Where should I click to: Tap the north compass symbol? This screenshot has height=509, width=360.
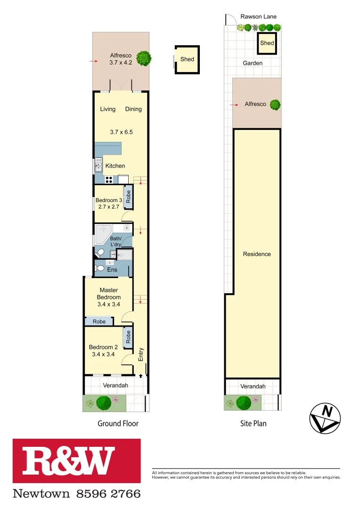(x=325, y=418)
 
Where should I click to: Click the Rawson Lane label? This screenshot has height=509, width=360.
(x=258, y=16)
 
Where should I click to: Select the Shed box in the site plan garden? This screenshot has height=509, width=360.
(x=267, y=43)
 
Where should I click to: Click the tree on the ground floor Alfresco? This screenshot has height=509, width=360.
(x=144, y=58)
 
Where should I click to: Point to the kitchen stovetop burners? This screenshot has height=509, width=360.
(x=109, y=179)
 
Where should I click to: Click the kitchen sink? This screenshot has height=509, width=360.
(x=99, y=165)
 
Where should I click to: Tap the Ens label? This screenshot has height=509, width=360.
(x=112, y=270)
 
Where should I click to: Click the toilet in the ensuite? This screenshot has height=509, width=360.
(x=99, y=269)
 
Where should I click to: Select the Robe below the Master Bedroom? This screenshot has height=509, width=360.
(x=99, y=321)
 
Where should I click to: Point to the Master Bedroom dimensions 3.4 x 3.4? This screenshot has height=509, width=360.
(x=109, y=304)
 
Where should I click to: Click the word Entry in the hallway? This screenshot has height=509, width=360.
(x=140, y=354)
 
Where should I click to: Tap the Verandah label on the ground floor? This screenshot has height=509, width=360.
(x=115, y=386)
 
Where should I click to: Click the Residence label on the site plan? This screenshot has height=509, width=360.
(x=257, y=254)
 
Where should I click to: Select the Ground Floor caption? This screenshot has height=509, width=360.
(x=118, y=424)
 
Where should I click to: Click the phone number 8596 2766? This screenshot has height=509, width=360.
(x=108, y=494)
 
